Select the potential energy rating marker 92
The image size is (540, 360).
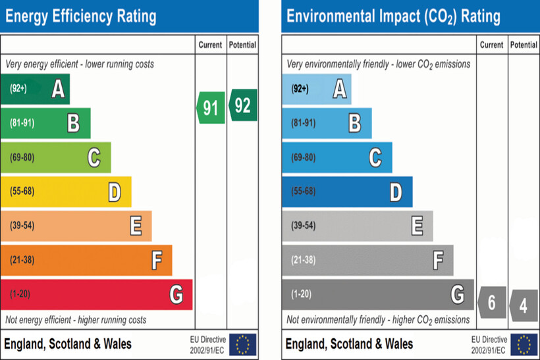[x=242, y=105]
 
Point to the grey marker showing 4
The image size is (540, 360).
[x=524, y=305]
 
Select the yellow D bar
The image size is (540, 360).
[x=66, y=192]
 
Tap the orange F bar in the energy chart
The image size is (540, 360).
[x=86, y=260]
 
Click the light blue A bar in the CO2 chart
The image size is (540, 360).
[x=316, y=89]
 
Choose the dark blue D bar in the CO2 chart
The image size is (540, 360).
[x=347, y=192]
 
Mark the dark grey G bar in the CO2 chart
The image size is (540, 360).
[x=377, y=294]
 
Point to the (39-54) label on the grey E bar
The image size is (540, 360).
[x=303, y=226]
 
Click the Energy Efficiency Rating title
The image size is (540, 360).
[x=81, y=16]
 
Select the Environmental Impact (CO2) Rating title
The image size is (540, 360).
[x=393, y=16]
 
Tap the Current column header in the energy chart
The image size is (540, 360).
[x=210, y=45]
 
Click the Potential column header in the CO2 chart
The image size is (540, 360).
[x=524, y=45]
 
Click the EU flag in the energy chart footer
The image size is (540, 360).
[x=243, y=344]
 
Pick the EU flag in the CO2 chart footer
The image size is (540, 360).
[x=524, y=344]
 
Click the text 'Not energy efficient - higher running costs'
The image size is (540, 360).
[x=76, y=320]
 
